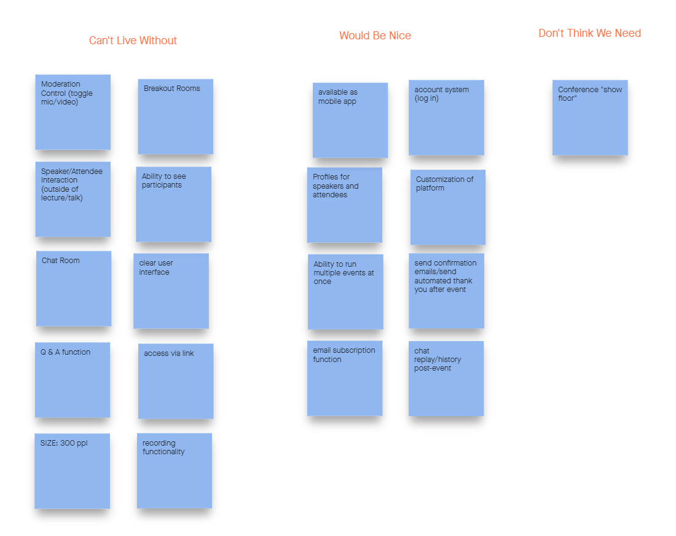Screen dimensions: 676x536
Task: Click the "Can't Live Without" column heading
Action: pos(133,41)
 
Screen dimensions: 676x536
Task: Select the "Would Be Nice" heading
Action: pos(375,36)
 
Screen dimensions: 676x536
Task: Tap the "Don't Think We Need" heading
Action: pos(589,33)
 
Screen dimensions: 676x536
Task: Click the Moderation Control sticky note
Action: pos(73,112)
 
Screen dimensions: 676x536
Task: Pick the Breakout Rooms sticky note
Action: pos(175,116)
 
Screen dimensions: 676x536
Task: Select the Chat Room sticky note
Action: pos(74,288)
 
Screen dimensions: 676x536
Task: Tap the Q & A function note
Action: pos(73,380)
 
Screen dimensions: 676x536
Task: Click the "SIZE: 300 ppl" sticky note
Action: pos(72,471)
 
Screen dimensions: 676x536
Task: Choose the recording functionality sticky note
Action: pos(175,471)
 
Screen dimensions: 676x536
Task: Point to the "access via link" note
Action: pos(176,381)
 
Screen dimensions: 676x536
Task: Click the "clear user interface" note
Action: pos(171,291)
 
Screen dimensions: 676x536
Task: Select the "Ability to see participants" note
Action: pos(173,204)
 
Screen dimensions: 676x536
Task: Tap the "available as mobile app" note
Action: pos(350,120)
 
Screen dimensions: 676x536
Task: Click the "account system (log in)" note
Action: pos(446,117)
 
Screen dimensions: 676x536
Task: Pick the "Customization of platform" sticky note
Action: pos(448,207)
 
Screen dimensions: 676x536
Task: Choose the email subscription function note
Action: pos(345,378)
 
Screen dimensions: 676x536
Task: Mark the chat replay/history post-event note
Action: pos(446,379)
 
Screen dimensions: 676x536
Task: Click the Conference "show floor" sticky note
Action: pos(590,117)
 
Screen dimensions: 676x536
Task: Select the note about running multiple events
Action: pos(345,292)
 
